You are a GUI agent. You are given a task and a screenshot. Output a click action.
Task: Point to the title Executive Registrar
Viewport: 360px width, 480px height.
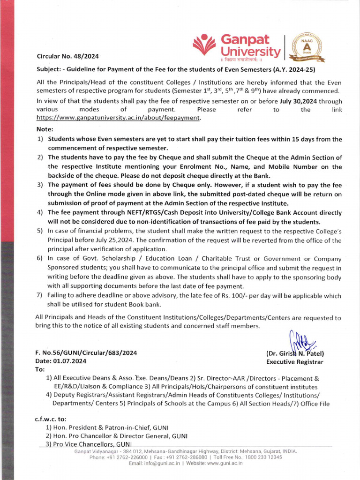pos(294,362)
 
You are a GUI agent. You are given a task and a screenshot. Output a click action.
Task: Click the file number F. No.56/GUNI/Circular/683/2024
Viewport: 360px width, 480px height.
pos(86,353)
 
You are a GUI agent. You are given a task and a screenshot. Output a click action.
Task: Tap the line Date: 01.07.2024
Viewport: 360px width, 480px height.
pos(61,361)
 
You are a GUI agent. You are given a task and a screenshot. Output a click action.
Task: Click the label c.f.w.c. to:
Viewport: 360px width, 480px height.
pos(51,419)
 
